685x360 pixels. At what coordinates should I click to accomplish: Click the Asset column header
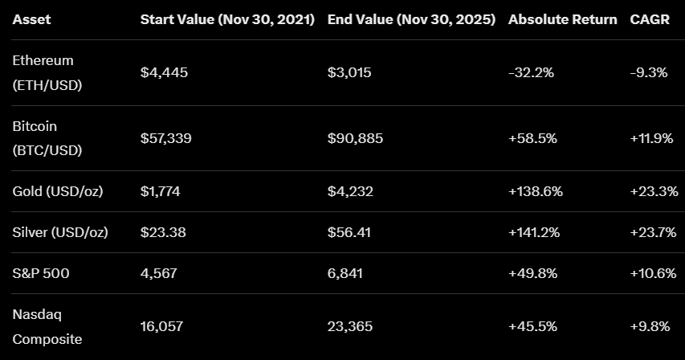click(31, 19)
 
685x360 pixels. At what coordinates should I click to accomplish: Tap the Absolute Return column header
click(562, 19)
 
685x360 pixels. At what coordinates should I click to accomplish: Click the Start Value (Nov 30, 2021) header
click(227, 19)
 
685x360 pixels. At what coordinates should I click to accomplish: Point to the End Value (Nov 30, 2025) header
click(411, 19)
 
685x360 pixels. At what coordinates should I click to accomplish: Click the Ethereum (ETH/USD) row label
click(47, 72)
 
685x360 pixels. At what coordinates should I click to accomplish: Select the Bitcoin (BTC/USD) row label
click(47, 138)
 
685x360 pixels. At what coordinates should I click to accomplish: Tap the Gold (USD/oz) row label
click(57, 191)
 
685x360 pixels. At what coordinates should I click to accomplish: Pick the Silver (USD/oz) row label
click(60, 232)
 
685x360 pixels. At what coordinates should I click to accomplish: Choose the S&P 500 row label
click(41, 273)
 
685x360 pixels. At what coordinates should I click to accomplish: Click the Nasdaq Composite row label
click(47, 327)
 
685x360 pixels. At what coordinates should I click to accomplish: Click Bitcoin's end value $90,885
click(355, 138)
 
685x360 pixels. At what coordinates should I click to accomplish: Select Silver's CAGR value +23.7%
click(652, 232)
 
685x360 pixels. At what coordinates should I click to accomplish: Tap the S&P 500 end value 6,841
click(345, 273)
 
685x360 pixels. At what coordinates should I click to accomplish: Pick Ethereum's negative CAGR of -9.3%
click(649, 72)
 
